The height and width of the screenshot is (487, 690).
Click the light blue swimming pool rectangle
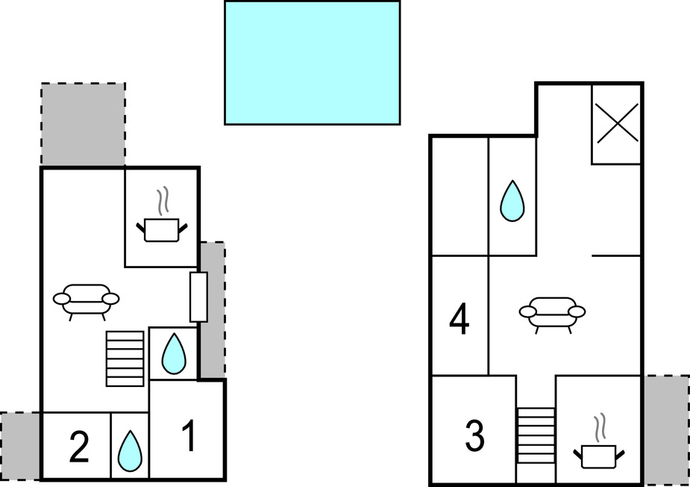click(312, 62)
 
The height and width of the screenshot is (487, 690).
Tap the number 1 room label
click(189, 437)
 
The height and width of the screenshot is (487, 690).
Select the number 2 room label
click(78, 447)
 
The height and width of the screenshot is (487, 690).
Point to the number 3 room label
click(474, 436)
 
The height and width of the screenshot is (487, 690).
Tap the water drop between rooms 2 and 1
click(131, 451)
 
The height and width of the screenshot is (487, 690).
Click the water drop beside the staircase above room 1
click(173, 353)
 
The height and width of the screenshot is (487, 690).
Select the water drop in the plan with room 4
click(512, 201)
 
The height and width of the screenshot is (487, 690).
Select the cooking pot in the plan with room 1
click(162, 229)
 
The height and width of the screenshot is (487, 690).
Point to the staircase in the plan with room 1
click(125, 359)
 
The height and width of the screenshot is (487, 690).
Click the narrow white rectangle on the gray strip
click(198, 297)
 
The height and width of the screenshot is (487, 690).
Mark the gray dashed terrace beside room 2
click(20, 446)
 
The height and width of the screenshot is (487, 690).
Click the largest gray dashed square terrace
click(83, 125)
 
